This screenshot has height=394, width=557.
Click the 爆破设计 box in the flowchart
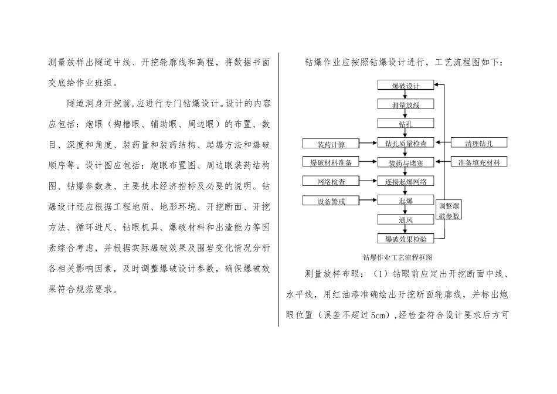pos(406,86)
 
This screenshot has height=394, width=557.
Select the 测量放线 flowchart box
pos(406,104)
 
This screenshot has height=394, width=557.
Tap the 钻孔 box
pos(406,124)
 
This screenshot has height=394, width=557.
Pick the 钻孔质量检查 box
pos(406,143)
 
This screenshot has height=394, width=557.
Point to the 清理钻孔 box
pos(479,142)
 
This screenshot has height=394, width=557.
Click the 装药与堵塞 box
pos(406,162)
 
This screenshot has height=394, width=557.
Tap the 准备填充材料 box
pos(479,162)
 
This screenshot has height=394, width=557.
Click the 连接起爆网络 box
pos(406,181)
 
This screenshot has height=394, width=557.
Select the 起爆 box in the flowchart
pos(406,201)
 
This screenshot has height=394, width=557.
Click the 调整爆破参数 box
pos(449,210)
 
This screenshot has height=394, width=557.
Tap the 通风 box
pos(406,220)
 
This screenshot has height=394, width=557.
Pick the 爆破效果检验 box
pos(406,239)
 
